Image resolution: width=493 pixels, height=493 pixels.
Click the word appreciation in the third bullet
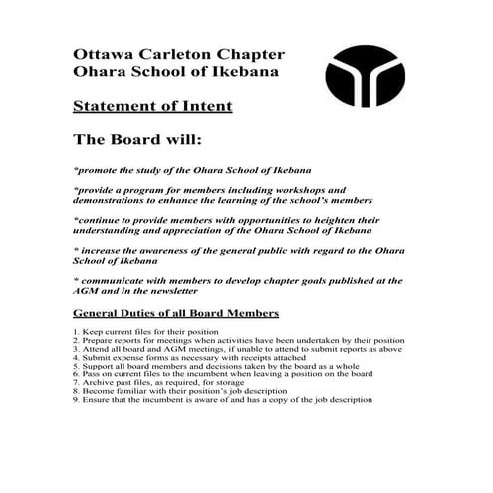(x=174, y=231)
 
